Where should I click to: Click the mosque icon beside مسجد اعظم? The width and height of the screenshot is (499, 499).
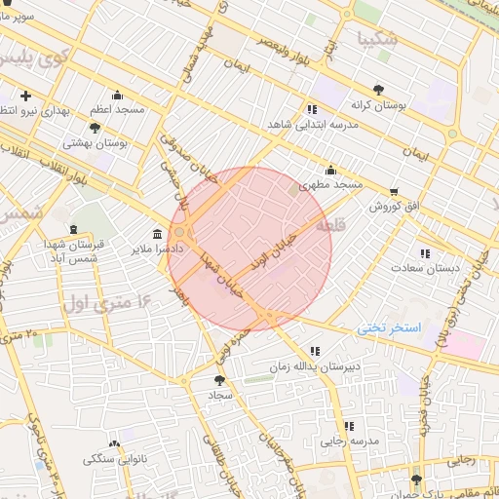coord(118,95)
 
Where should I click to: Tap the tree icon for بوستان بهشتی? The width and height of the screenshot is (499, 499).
coord(94,128)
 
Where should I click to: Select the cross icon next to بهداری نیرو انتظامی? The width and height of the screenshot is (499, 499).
coord(25,96)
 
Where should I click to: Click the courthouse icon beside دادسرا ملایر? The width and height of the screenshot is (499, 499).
coord(158,233)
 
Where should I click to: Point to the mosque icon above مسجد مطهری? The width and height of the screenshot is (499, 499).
coord(331,169)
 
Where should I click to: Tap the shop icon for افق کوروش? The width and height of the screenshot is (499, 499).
coord(394,191)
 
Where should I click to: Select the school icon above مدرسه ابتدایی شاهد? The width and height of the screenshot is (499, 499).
coord(312,109)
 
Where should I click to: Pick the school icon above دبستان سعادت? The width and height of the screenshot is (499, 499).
coord(424,252)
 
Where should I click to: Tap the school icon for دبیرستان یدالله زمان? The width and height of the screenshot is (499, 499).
coord(314,351)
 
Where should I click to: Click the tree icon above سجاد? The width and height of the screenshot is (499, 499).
coord(216,380)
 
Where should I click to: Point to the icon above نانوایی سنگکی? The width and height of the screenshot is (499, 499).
coord(115,442)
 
